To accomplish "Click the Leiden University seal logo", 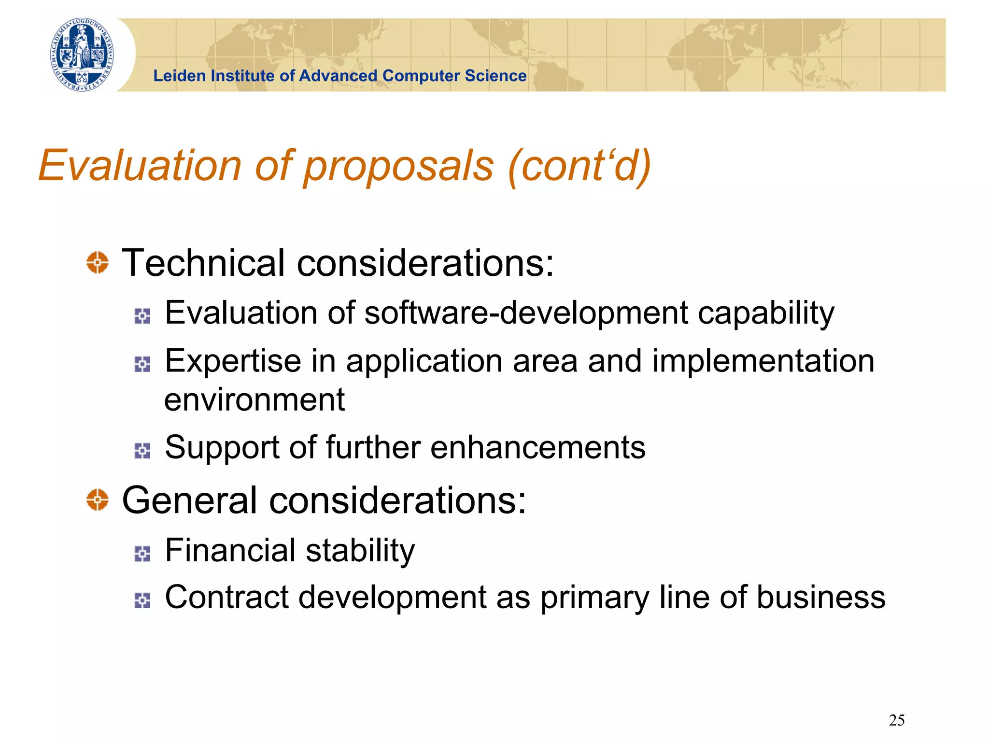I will [x=82, y=55].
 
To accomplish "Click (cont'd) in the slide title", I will [x=579, y=166].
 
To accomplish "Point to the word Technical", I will [x=203, y=263].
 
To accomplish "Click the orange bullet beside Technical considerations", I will [x=98, y=263].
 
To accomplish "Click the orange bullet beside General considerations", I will [x=98, y=500].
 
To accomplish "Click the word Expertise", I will [x=233, y=362].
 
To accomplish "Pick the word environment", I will [x=254, y=400].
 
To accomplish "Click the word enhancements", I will [x=537, y=447].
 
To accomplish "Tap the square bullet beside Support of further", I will [x=142, y=450].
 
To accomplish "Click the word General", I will [x=189, y=500].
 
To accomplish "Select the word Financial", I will [x=230, y=550].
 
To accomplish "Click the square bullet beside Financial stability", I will [x=142, y=554].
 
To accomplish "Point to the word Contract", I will [x=226, y=598].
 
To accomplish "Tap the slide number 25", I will [x=896, y=720].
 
